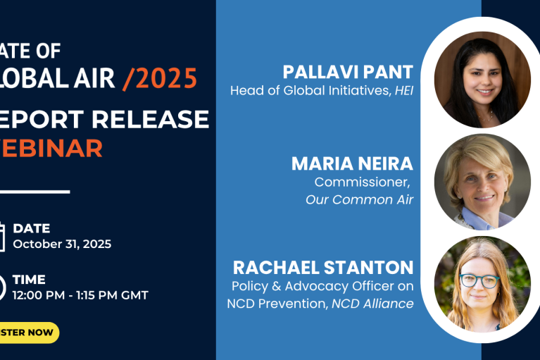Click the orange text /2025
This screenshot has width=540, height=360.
coord(160,79)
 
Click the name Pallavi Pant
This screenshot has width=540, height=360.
coord(348,72)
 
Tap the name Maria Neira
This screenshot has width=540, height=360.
coord(352,164)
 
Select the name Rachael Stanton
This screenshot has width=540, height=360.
coord(323,268)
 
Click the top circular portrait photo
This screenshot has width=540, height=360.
coord(482,80)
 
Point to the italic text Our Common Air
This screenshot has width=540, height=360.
coord(359,199)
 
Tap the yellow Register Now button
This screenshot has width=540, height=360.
coord(28,333)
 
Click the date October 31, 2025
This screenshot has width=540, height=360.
coord(62,244)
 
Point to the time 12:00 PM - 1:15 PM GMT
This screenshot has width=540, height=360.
coord(80,295)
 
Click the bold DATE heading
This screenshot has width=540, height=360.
coord(31,228)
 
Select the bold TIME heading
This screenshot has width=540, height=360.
coord(29,280)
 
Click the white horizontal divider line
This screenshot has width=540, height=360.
coord(35,191)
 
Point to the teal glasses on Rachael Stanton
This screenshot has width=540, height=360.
coord(481,280)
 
